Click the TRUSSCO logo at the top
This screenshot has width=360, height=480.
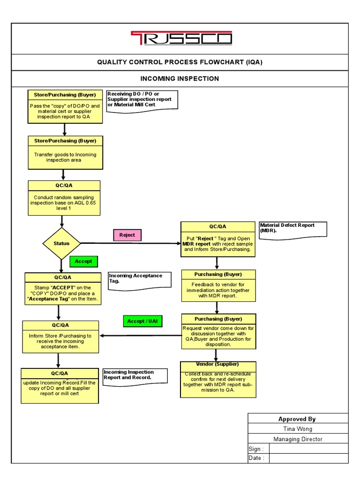[x=180, y=38]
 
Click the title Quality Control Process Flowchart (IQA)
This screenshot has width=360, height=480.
[x=183, y=62]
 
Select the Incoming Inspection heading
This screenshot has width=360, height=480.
[x=180, y=78]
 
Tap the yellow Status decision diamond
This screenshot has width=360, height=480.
[x=61, y=244]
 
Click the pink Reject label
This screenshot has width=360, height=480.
[x=127, y=235]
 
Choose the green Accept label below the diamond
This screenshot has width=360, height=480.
[x=83, y=261]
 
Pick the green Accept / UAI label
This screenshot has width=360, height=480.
[x=142, y=321]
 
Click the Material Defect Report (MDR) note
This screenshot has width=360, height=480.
[x=293, y=229]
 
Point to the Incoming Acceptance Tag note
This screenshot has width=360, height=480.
[x=139, y=279]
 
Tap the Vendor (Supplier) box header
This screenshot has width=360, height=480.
[x=218, y=364]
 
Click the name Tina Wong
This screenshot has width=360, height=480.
[x=298, y=428]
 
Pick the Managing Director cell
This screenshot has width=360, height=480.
[x=298, y=439]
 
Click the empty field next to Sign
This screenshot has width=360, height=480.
[x=308, y=449]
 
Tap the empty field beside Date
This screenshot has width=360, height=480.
[x=308, y=458]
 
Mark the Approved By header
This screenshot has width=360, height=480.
[x=298, y=419]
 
